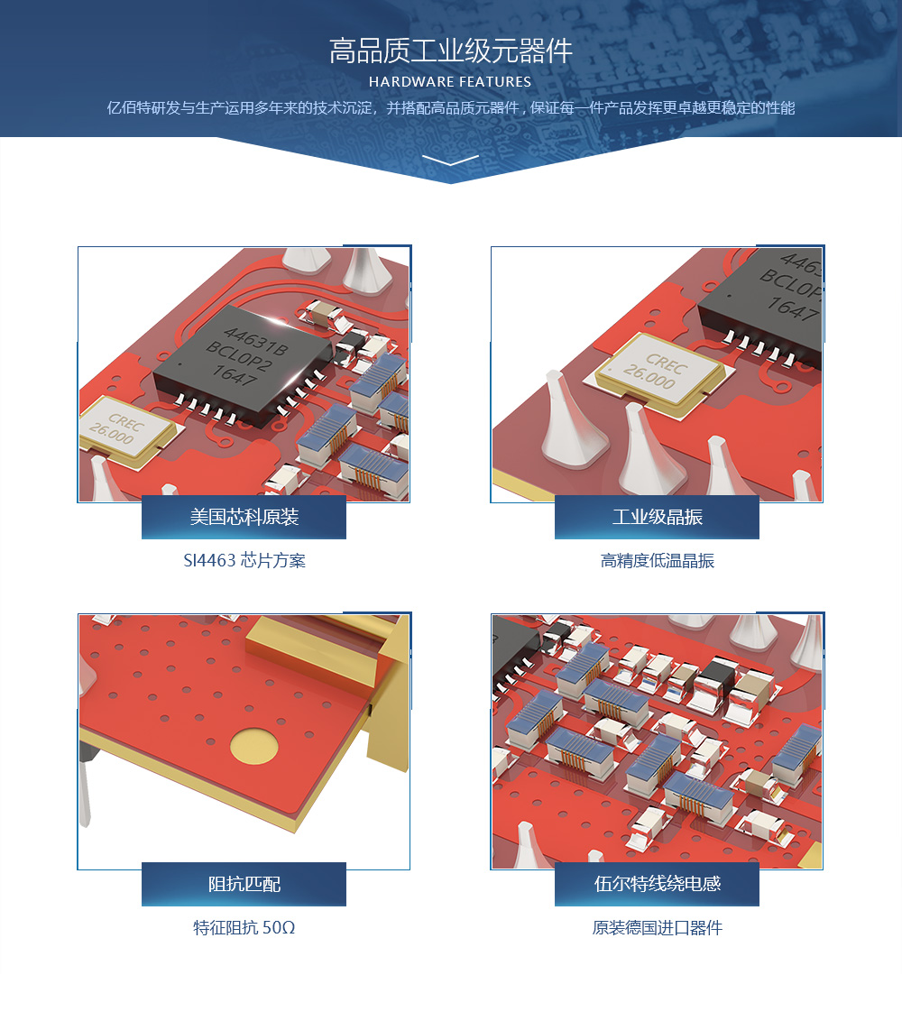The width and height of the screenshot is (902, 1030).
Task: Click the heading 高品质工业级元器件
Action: [x=451, y=51]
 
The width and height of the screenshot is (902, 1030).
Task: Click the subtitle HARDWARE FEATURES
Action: [x=450, y=82]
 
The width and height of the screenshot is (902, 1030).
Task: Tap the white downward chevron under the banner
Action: [x=451, y=160]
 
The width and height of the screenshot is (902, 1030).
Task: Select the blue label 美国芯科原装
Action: [x=244, y=517]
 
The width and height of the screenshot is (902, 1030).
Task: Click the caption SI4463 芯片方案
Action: [x=244, y=560]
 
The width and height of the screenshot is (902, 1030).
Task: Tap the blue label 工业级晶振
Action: [x=657, y=517]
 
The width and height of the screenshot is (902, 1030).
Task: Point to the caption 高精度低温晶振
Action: [x=657, y=560]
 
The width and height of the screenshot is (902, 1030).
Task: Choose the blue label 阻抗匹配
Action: [x=244, y=884]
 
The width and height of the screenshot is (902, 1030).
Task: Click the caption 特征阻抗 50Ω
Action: [x=244, y=927]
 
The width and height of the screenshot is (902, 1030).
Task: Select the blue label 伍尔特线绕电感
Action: [x=657, y=884]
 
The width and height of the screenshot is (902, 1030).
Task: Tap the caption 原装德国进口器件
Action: [x=657, y=927]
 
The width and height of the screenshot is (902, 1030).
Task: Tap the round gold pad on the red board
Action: [x=254, y=747]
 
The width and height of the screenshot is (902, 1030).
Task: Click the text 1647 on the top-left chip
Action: [x=234, y=375]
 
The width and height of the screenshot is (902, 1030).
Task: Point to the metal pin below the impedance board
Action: [x=85, y=788]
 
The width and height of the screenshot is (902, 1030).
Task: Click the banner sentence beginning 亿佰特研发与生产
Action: [x=451, y=107]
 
